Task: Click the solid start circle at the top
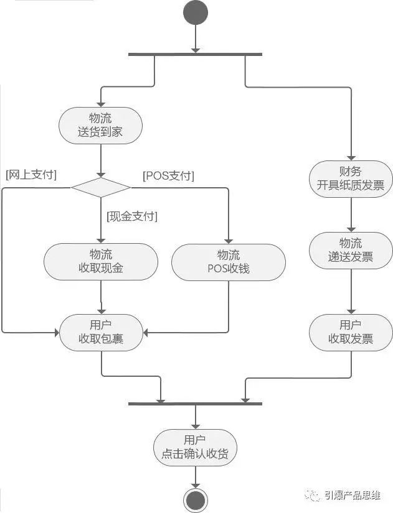click(x=196, y=14)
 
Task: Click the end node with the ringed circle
click(x=196, y=499)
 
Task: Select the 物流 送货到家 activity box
click(x=101, y=126)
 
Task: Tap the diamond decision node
click(x=101, y=187)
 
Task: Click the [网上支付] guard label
click(x=31, y=175)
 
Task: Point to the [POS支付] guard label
click(x=168, y=176)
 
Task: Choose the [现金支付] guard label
click(x=132, y=216)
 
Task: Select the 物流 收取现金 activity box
click(x=101, y=261)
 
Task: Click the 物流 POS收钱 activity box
click(x=229, y=261)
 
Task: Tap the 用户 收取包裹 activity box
click(x=101, y=332)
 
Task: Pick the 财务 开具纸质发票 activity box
click(x=351, y=178)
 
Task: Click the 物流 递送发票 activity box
click(x=351, y=250)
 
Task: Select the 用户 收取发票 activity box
click(x=351, y=332)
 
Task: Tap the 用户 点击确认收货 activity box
click(x=196, y=446)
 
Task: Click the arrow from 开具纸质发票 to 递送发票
click(x=351, y=215)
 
